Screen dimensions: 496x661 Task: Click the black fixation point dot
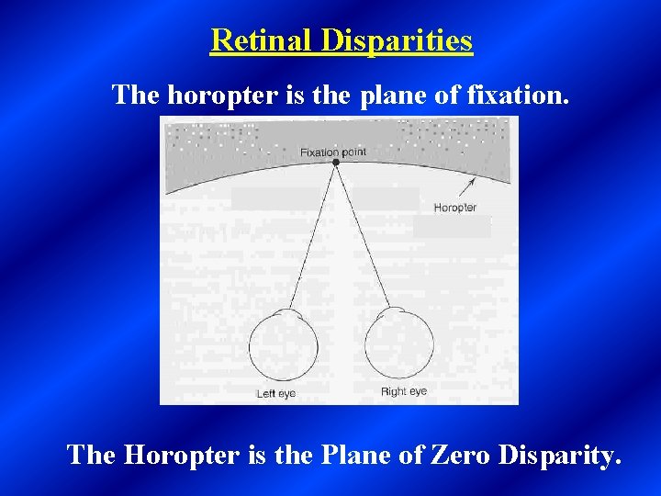336,162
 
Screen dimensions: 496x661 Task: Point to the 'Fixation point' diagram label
332,151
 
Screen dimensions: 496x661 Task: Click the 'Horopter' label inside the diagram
454,208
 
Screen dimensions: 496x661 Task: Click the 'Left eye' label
275,393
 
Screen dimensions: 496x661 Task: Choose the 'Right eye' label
404,392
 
